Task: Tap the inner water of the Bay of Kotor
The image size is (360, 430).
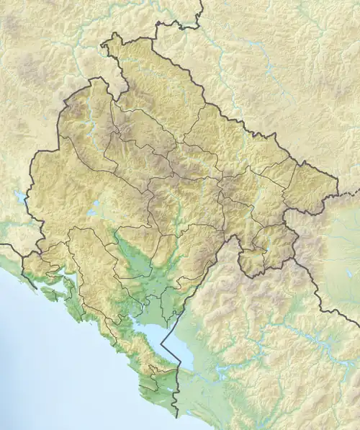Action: pyautogui.click(x=58, y=277)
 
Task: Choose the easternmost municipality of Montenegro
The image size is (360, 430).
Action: pyautogui.click(x=310, y=189)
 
